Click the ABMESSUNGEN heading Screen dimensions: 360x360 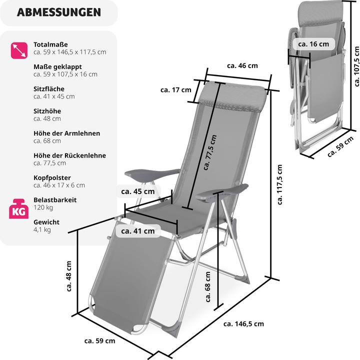point(58,12)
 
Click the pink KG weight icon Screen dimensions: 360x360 point(18,210)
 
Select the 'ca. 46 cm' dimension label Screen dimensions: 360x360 point(242,65)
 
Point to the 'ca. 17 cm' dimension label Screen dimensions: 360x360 point(175,90)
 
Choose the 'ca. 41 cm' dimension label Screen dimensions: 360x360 point(137,231)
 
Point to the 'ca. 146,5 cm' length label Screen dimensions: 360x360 point(243,324)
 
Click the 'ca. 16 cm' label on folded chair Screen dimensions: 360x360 point(313,44)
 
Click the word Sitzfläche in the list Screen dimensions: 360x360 point(49,89)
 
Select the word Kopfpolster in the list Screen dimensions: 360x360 point(52,177)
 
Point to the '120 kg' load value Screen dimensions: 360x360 point(43,207)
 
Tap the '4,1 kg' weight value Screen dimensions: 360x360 point(42,230)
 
